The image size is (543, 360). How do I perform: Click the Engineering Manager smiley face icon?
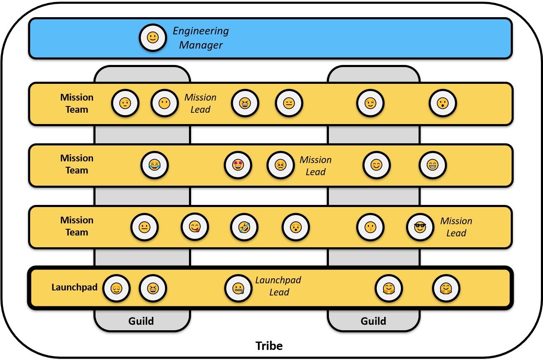click(153, 38)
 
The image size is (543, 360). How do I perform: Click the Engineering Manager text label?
click(201, 38)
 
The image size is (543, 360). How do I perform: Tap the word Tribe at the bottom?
click(269, 346)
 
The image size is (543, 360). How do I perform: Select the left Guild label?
click(141, 321)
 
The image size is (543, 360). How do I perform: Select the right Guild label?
click(373, 321)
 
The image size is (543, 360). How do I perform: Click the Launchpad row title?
click(75, 287)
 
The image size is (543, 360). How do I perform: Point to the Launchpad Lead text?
click(279, 286)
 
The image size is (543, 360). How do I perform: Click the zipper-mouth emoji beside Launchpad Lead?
click(239, 288)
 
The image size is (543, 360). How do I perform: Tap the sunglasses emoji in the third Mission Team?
click(420, 227)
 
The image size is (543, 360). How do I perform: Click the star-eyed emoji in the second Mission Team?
click(238, 165)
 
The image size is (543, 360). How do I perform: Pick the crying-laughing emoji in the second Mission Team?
click(155, 165)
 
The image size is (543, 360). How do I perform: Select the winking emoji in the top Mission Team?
click(370, 103)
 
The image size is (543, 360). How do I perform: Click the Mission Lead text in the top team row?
click(201, 104)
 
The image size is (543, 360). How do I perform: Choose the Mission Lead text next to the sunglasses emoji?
click(456, 227)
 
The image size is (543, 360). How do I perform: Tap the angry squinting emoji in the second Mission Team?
click(281, 165)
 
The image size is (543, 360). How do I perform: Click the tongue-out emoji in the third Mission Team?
click(195, 227)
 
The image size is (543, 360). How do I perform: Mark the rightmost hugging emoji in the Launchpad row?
click(446, 288)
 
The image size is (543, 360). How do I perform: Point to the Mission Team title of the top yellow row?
click(77, 104)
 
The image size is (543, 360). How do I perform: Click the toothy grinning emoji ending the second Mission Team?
click(433, 165)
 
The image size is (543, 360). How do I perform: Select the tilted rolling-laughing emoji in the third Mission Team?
click(244, 227)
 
